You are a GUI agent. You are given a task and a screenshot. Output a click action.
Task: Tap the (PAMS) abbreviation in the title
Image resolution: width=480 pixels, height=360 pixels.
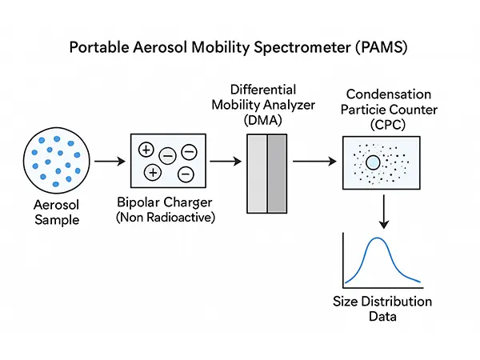click(x=382, y=47)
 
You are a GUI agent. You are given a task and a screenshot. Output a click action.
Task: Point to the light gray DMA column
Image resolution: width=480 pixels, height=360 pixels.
click(x=257, y=174)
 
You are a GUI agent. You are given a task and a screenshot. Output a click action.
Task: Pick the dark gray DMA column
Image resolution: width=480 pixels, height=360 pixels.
click(x=277, y=174)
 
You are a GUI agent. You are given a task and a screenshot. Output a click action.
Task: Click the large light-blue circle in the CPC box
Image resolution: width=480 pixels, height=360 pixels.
click(x=373, y=162)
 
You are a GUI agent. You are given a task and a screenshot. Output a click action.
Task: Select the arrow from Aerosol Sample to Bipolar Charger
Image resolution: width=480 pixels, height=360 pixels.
click(x=110, y=161)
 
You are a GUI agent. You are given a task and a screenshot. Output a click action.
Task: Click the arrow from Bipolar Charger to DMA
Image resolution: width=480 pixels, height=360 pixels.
click(x=226, y=161)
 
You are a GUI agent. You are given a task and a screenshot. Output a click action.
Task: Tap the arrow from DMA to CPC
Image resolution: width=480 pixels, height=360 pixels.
click(x=314, y=161)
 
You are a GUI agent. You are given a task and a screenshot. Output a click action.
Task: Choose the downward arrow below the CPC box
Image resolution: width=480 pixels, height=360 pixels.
click(x=383, y=212)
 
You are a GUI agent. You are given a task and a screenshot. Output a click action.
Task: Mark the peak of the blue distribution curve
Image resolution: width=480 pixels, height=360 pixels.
click(x=377, y=238)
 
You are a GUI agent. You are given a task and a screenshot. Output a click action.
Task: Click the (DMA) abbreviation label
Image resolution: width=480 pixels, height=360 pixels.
click(x=263, y=120)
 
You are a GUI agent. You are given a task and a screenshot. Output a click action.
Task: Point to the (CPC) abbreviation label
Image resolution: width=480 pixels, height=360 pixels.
click(x=388, y=125)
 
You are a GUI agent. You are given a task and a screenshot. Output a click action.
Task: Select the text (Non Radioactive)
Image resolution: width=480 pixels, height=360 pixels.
click(x=166, y=218)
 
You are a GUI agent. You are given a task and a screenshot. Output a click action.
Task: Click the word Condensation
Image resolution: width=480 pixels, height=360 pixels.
click(x=389, y=94)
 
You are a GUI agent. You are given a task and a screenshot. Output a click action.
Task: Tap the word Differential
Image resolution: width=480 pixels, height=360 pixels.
click(x=263, y=90)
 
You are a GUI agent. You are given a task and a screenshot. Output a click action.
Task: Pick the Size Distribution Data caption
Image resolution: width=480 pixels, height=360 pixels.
click(x=382, y=309)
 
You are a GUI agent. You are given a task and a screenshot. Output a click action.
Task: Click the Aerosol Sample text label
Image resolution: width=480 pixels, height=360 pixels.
click(x=57, y=213)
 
